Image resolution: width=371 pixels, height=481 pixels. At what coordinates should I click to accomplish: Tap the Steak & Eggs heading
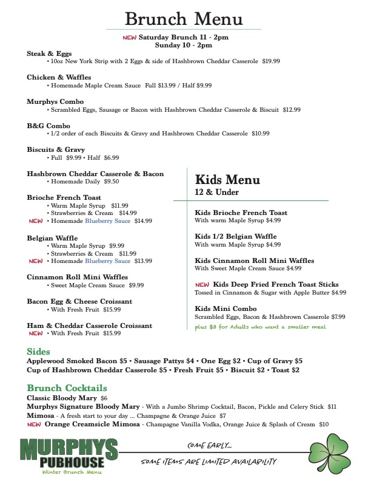(x=49, y=53)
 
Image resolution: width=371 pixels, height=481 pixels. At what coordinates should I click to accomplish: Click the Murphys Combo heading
(x=55, y=101)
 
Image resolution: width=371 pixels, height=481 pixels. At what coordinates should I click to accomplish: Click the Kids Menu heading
(x=227, y=180)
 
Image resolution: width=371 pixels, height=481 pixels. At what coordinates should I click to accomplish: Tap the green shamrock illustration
(x=334, y=450)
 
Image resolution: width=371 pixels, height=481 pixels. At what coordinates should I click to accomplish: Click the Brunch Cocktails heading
(x=67, y=388)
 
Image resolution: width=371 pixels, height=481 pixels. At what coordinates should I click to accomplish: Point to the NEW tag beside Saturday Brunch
(x=130, y=37)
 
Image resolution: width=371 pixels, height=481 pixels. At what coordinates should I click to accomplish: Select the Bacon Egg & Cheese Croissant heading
(x=79, y=301)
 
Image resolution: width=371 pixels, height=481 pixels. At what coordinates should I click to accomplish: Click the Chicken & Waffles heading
(x=59, y=77)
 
